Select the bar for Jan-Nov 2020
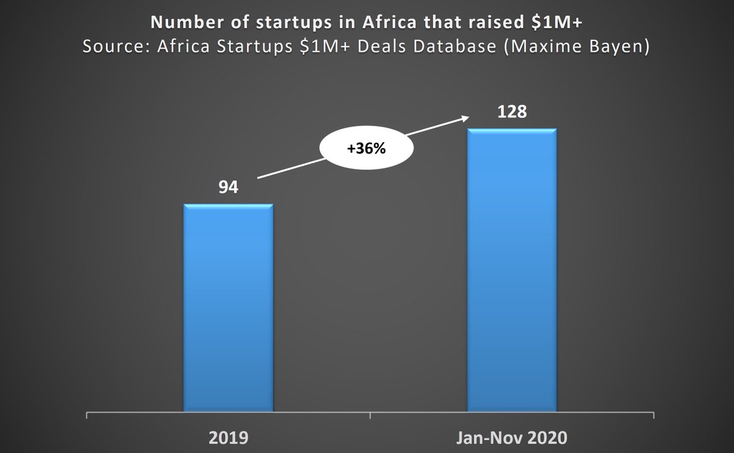click(x=512, y=270)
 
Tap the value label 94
click(x=228, y=186)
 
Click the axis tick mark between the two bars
click(x=370, y=416)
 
